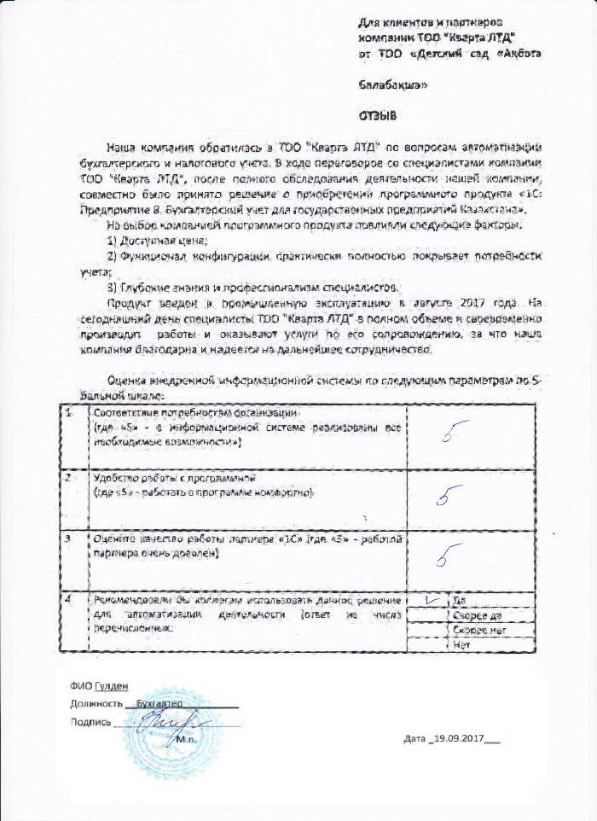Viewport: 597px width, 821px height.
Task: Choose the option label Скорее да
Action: coord(476,614)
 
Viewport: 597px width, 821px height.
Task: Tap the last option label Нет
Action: coord(464,645)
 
